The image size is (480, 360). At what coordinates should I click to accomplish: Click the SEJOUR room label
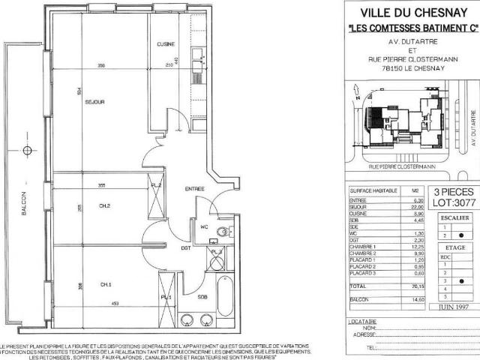pos(94,102)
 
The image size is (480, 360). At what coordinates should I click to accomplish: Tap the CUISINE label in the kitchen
pos(166,44)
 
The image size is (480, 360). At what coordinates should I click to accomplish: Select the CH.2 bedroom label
pos(105,205)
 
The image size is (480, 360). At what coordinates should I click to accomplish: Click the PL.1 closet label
pos(166,298)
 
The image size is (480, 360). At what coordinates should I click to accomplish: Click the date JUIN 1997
pos(450,306)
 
